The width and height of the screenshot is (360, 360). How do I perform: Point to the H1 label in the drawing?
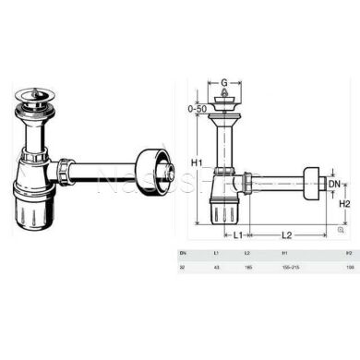point(198,162)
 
